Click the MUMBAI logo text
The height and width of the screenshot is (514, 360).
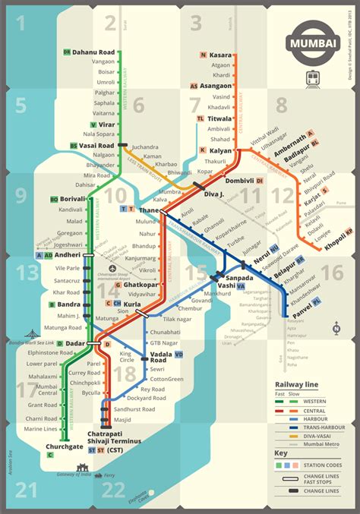tap(313, 44)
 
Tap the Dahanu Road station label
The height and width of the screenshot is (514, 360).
tap(93, 52)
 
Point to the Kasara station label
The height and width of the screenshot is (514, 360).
tap(222, 55)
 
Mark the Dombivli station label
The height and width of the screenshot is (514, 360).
tap(238, 181)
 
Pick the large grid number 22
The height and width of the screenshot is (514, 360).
tap(113, 489)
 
